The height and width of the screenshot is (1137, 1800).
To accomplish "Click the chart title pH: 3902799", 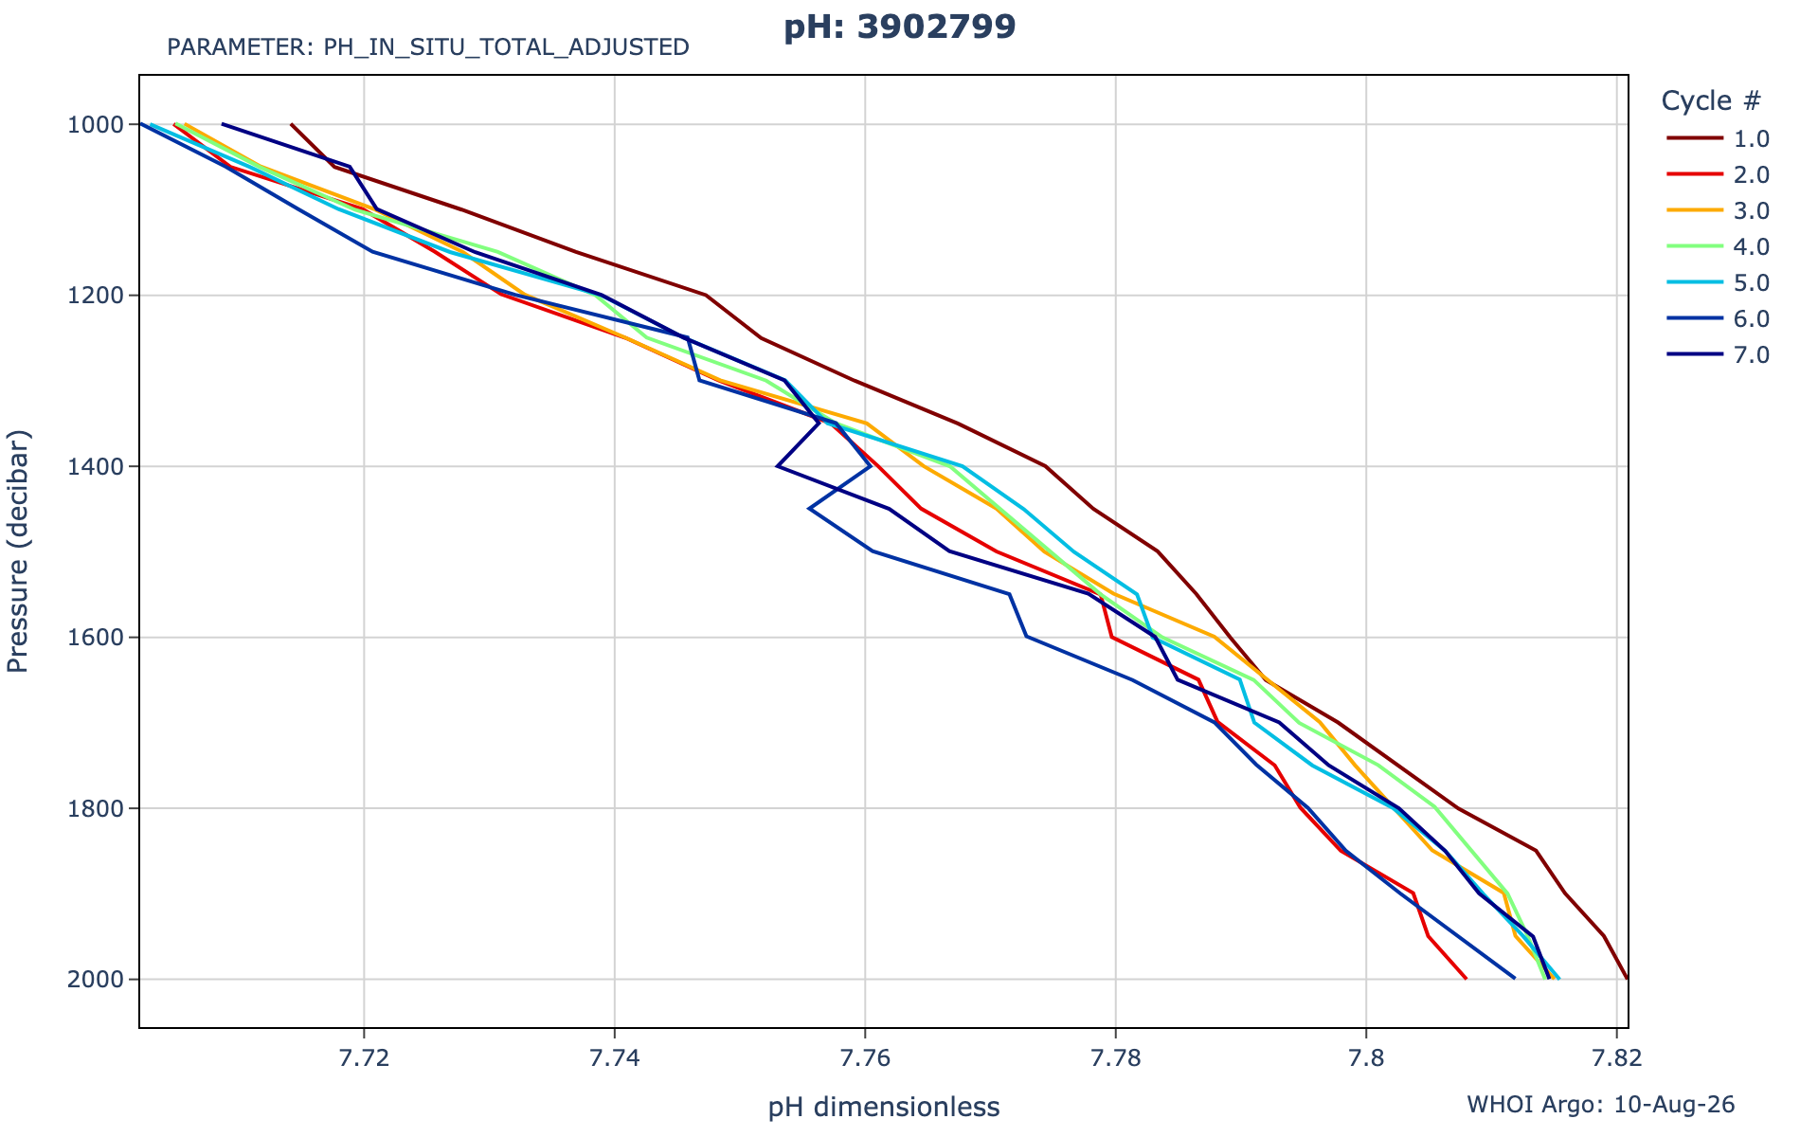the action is click(x=899, y=27).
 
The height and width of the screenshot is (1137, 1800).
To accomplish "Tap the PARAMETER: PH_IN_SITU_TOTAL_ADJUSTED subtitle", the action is click(x=428, y=47).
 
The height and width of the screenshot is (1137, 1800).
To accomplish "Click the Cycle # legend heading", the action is click(x=1711, y=100).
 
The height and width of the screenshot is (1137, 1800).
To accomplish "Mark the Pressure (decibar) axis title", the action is click(x=19, y=551).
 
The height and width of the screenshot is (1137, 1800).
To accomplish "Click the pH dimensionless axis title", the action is click(x=884, y=1107).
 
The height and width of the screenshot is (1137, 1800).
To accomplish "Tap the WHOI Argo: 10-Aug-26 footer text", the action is click(x=1601, y=1105).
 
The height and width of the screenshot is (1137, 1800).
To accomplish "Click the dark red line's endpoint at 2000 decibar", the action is click(x=1627, y=979).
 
